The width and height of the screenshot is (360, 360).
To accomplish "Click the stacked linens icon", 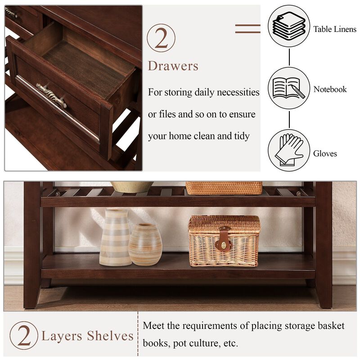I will [x=289, y=26].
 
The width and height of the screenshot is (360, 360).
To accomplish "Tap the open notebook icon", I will [x=289, y=88].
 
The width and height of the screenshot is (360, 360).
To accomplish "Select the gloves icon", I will [x=289, y=150].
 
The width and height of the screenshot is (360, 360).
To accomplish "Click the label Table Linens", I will [x=335, y=29].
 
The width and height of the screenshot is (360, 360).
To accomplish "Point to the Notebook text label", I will [x=330, y=89].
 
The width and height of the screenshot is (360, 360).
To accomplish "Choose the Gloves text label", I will [x=325, y=153].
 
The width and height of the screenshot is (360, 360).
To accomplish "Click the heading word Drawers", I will [x=173, y=66].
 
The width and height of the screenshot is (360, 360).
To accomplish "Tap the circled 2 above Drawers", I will [x=161, y=38].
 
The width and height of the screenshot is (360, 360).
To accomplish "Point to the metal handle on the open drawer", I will [x=51, y=94].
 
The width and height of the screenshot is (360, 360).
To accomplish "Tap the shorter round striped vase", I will [x=145, y=244].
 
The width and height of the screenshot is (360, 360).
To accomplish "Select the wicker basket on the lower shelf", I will [x=224, y=241].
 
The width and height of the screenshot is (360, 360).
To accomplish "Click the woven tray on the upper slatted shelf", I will [x=224, y=188].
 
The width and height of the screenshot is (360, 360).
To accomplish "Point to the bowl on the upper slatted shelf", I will [x=132, y=186].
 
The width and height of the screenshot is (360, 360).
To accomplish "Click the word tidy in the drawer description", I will [x=241, y=136].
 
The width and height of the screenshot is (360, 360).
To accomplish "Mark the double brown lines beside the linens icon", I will [x=247, y=28].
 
